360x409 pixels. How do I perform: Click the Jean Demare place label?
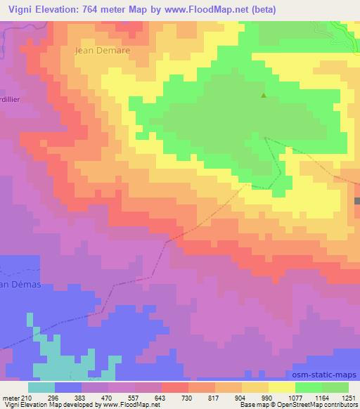click(103, 51)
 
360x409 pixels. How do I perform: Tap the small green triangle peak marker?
click(264, 96)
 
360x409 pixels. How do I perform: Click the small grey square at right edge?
click(357, 201)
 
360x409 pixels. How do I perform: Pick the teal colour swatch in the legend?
click(41, 387)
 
